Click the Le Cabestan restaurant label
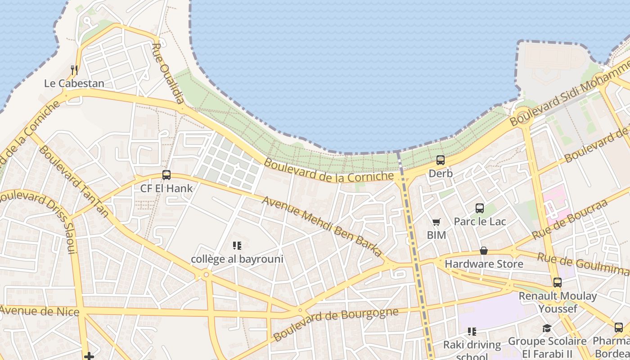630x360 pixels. point(74,83)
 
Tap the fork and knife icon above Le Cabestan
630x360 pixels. point(74,70)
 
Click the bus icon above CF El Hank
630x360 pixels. point(166,175)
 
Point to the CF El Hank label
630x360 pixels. point(166,189)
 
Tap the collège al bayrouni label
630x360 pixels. point(237,259)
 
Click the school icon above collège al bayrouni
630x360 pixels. point(237,246)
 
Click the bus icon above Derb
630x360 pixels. point(441,160)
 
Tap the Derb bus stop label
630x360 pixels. point(441,173)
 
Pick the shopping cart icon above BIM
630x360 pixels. point(436,222)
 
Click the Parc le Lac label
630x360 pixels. point(480,221)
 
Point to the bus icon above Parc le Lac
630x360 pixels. point(480,208)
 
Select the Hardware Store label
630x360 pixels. point(484,264)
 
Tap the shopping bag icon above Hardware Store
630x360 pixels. point(484,251)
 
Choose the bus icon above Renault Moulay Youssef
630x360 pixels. point(558,283)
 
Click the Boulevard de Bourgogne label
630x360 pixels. point(336,324)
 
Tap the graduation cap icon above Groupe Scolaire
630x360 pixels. point(547,328)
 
